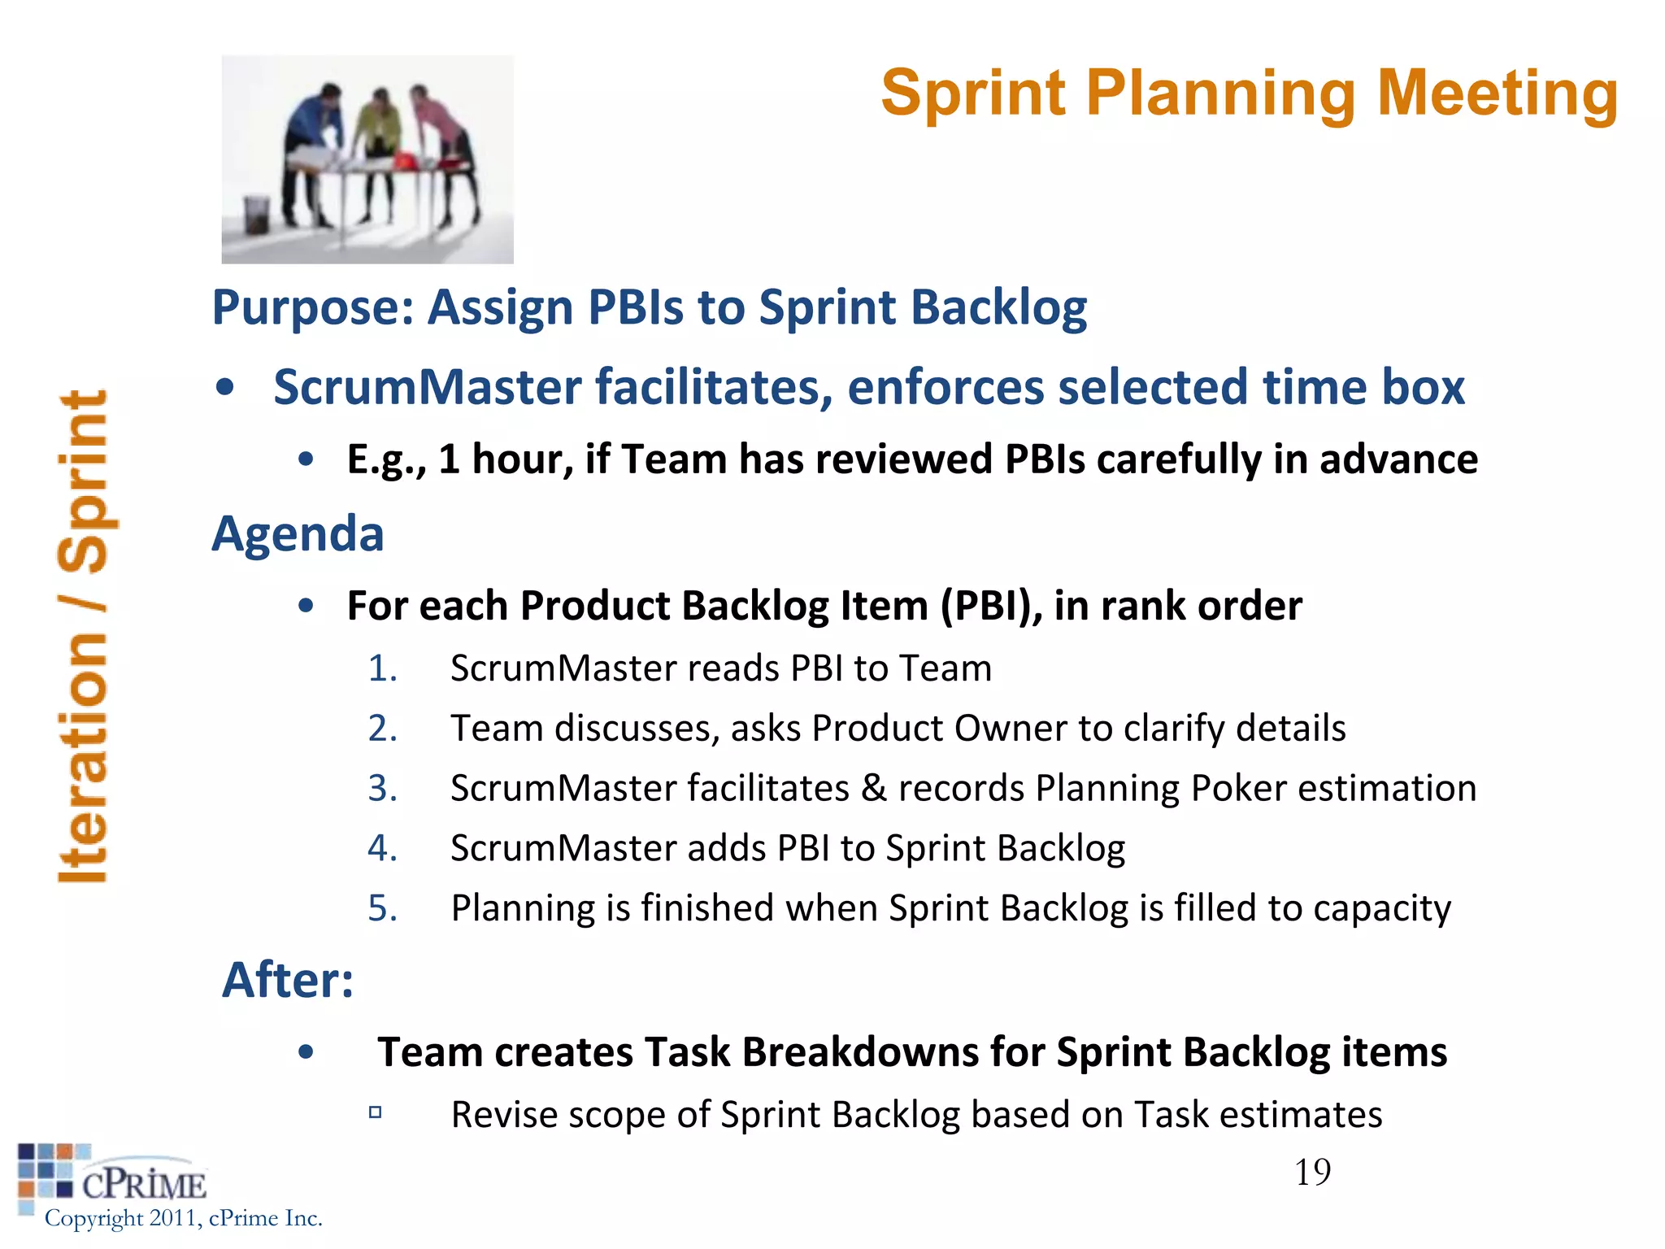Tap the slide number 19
click(1312, 1172)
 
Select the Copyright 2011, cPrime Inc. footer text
click(184, 1218)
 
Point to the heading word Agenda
click(298, 534)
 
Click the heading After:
click(288, 980)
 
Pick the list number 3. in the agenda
click(382, 788)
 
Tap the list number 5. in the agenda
click(382, 907)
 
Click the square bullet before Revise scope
click(375, 1112)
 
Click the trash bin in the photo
click(257, 214)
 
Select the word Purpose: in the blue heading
click(313, 307)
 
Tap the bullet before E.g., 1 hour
click(306, 460)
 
